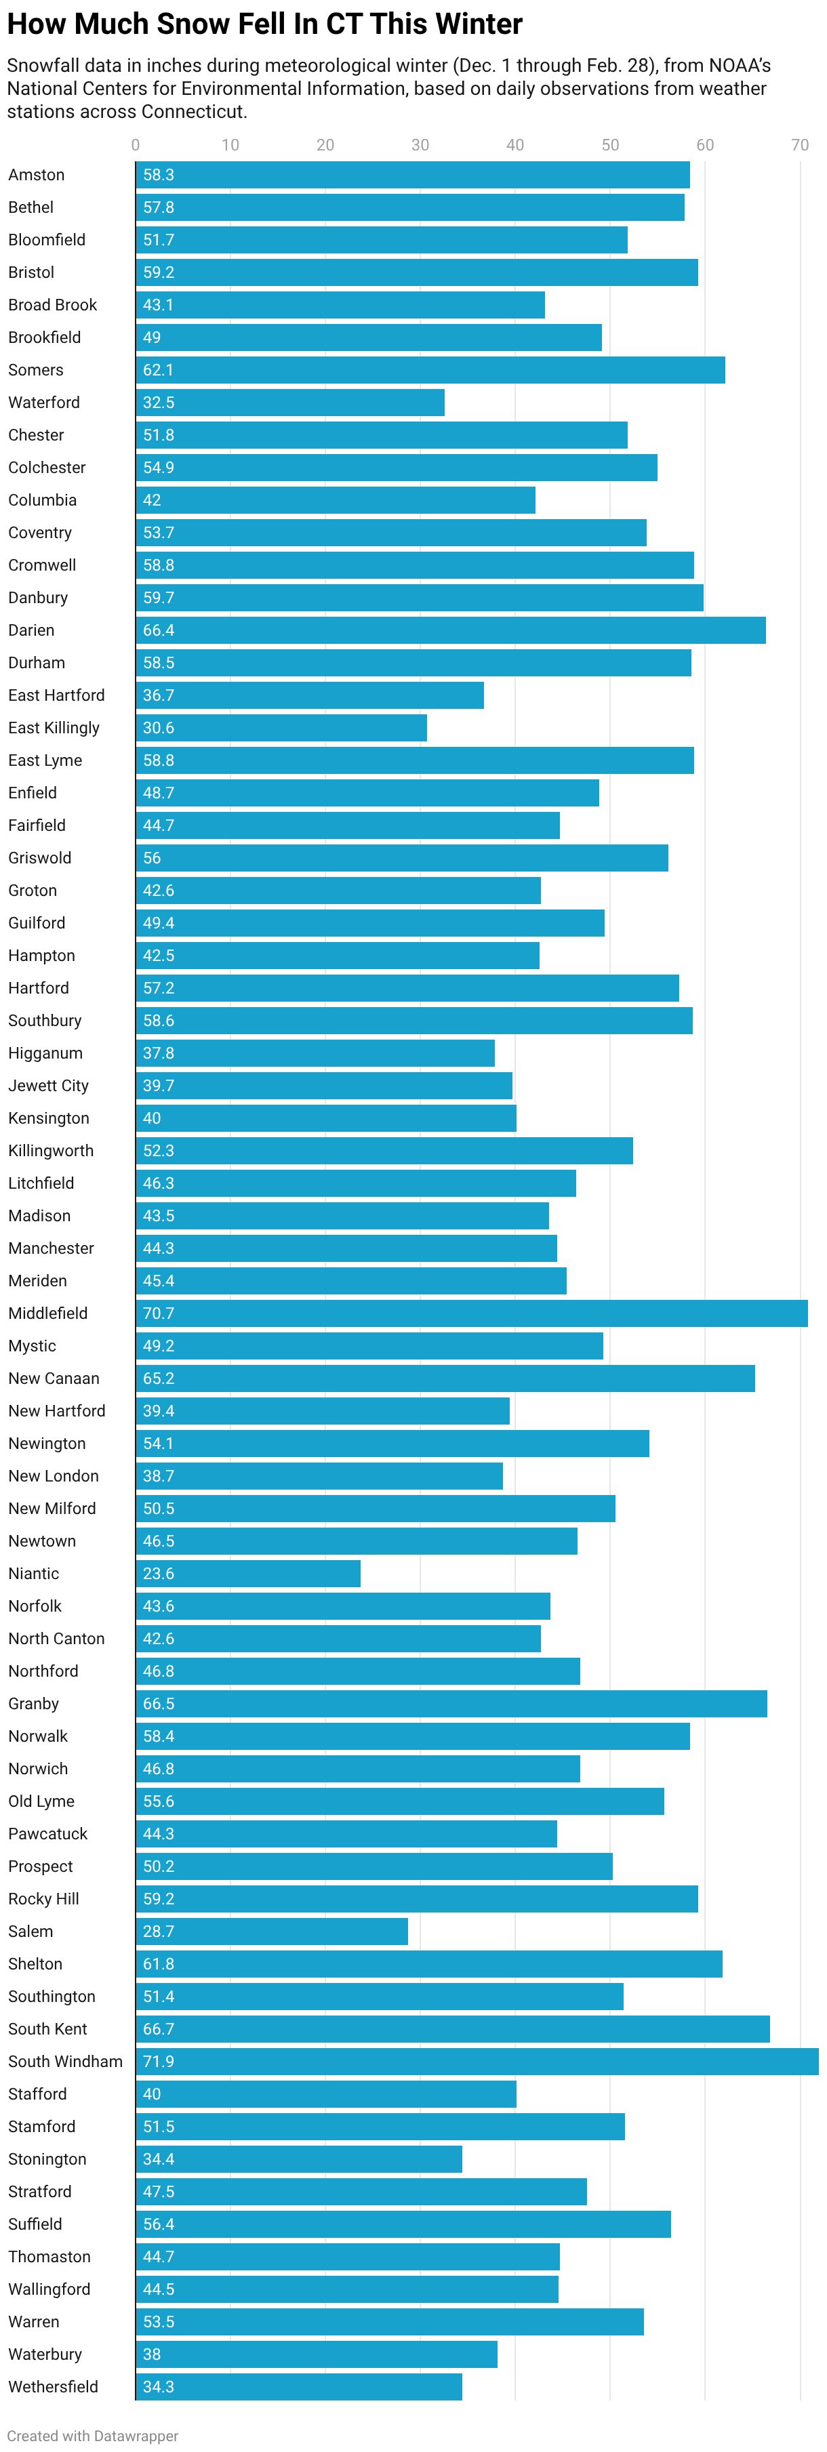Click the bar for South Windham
point(476,2061)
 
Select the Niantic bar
point(247,1574)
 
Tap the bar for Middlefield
point(471,1313)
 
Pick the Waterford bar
point(289,402)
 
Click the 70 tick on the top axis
point(799,144)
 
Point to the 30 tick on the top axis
point(420,144)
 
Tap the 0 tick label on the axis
point(135,144)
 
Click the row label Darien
point(31,630)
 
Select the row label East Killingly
point(54,727)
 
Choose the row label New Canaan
point(54,1378)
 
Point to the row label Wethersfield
point(54,2386)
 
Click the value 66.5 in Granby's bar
point(158,1704)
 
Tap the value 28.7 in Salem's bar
point(158,1932)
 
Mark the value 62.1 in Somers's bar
point(158,369)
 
